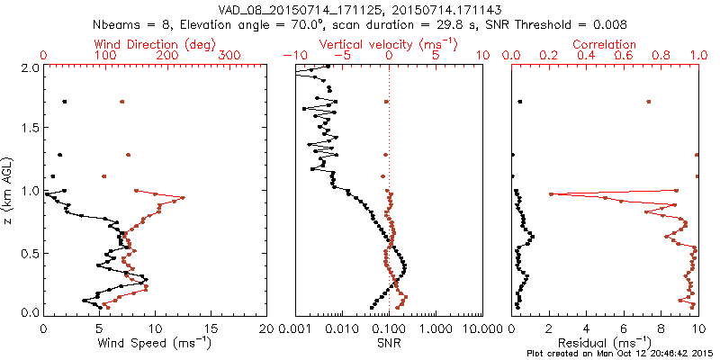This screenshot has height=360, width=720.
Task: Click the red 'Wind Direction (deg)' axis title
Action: (x=156, y=44)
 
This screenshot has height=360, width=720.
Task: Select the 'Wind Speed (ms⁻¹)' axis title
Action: (x=156, y=343)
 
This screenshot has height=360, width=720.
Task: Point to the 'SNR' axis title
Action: (x=389, y=342)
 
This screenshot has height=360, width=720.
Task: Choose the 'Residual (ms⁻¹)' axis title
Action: (x=605, y=343)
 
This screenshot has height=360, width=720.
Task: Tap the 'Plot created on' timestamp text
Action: (x=620, y=353)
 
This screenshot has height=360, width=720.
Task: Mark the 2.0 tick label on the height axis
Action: (x=31, y=67)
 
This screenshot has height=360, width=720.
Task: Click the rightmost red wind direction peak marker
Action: (x=183, y=198)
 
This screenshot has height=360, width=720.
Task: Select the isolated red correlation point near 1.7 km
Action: (x=649, y=102)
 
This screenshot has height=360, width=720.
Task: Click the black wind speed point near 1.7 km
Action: (x=64, y=102)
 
